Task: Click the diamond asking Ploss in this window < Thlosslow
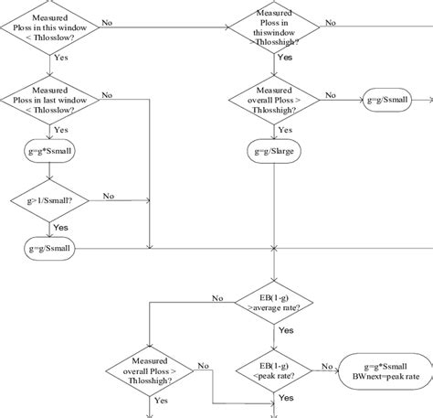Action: (50, 27)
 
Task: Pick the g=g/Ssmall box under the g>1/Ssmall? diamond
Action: (50, 248)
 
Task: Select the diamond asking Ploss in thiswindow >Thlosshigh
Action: (274, 27)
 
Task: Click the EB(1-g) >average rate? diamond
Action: (274, 303)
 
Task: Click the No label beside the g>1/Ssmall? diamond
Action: (108, 196)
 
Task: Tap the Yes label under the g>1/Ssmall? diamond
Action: (60, 227)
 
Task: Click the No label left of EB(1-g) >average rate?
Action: (217, 297)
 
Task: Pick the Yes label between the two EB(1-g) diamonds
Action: (285, 330)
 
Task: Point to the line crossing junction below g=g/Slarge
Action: (274, 248)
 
